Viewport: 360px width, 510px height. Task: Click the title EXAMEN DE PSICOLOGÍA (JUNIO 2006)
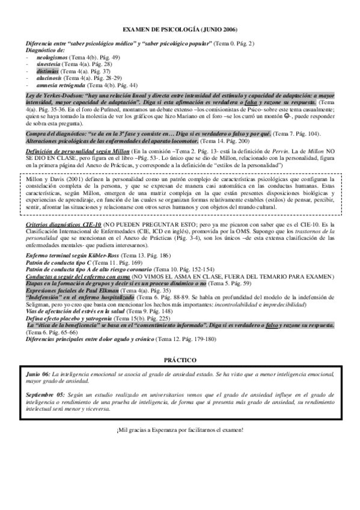[180, 29]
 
